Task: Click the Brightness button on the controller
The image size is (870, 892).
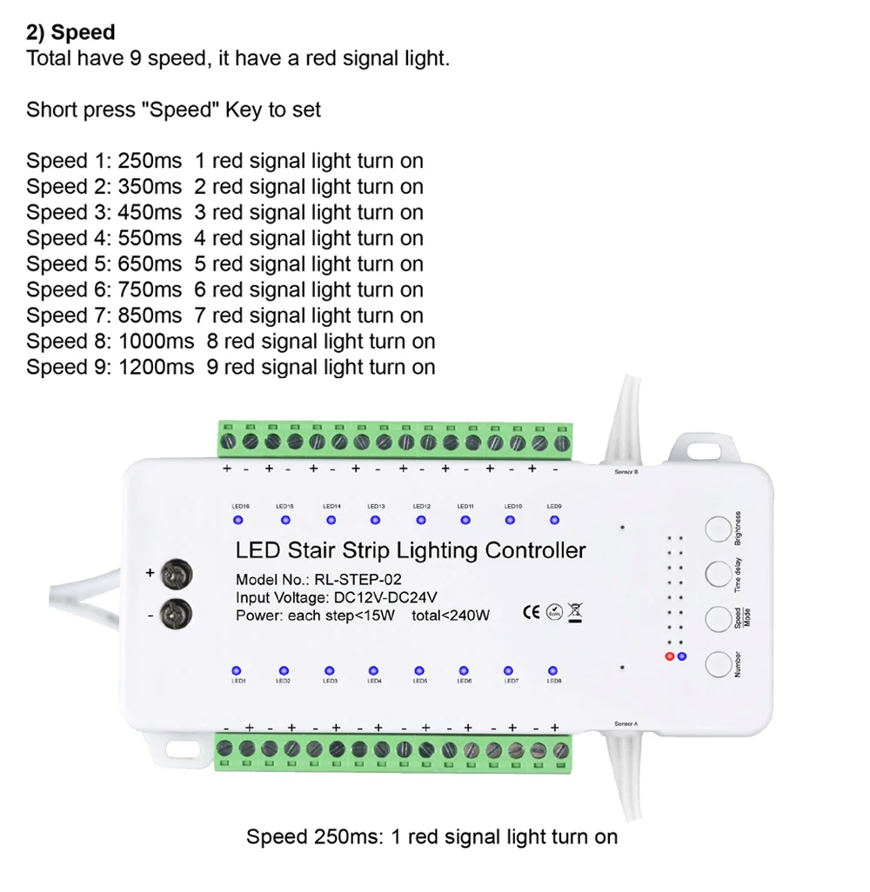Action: click(718, 529)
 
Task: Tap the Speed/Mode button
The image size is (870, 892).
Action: click(718, 619)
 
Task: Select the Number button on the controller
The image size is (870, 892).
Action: click(718, 665)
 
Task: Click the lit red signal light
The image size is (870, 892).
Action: click(669, 656)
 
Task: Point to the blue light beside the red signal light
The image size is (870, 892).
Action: click(681, 656)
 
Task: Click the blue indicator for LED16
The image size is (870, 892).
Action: click(238, 520)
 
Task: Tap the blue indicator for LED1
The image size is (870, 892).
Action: click(237, 670)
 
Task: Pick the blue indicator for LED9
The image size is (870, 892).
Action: click(554, 520)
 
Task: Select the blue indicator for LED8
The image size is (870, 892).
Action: click(552, 670)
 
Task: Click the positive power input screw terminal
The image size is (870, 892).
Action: click(178, 575)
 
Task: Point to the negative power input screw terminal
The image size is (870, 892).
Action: click(178, 614)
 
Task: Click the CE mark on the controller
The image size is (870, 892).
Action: click(531, 611)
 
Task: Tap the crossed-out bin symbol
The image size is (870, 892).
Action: click(575, 611)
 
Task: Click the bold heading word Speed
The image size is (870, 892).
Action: click(83, 33)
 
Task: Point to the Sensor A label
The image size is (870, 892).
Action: click(626, 723)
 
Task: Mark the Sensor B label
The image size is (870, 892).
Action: click(626, 472)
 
